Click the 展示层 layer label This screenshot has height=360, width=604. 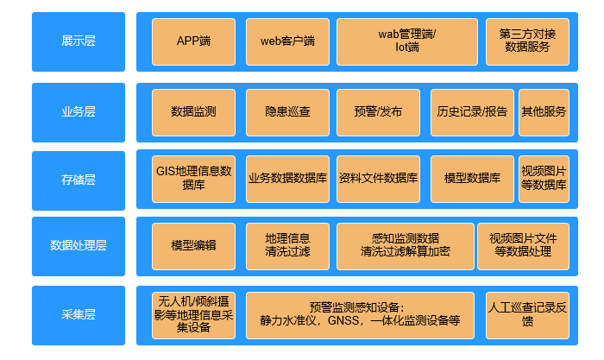pyautogui.click(x=79, y=41)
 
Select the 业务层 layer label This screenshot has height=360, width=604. pyautogui.click(x=79, y=111)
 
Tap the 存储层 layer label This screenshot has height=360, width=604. pyautogui.click(x=79, y=180)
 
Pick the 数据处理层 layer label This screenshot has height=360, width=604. pyautogui.click(x=79, y=245)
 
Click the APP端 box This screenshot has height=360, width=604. pyautogui.click(x=193, y=41)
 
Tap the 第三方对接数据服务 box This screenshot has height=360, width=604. pyautogui.click(x=527, y=41)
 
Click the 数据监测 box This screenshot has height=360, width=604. pyautogui.click(x=193, y=112)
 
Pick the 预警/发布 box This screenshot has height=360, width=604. pyautogui.click(x=378, y=112)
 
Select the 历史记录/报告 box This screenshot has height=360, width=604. pyautogui.click(x=472, y=112)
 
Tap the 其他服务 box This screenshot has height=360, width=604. pyautogui.click(x=544, y=112)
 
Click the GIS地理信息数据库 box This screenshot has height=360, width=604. pyautogui.click(x=193, y=179)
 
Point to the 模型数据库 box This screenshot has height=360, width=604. pyautogui.click(x=472, y=179)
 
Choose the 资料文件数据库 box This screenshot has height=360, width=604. pyautogui.click(x=378, y=179)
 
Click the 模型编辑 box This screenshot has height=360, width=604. pyautogui.click(x=193, y=245)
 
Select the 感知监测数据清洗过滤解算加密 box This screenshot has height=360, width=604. pyautogui.click(x=404, y=245)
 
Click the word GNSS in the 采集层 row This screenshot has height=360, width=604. pyautogui.click(x=349, y=320)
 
